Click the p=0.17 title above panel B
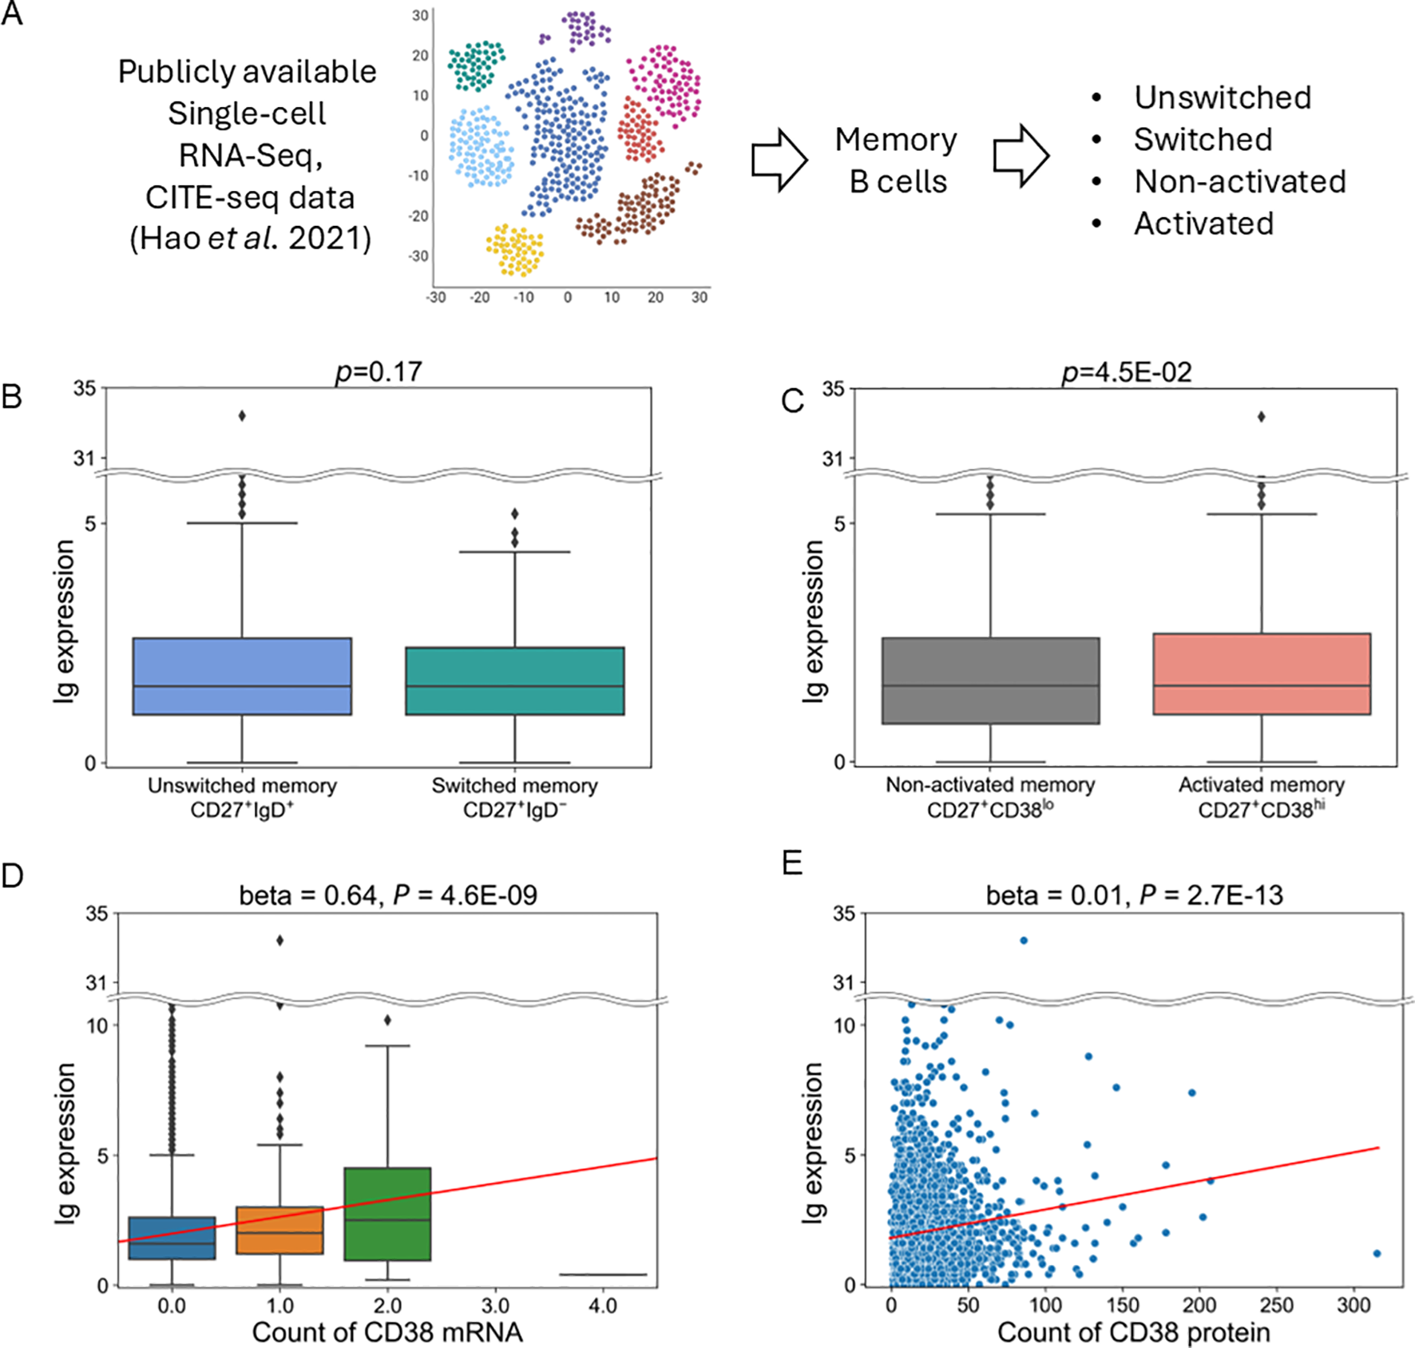pos(379,372)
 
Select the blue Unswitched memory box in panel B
pos(242,676)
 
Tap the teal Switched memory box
pos(514,680)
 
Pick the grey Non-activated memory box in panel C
pos(990,680)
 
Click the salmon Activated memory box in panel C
pos(1262,673)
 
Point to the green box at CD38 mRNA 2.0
pos(387,1214)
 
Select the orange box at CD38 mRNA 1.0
pos(279,1230)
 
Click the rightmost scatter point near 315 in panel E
pos(1377,1253)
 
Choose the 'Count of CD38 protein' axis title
pos(1134,1332)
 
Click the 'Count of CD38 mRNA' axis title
pos(387,1332)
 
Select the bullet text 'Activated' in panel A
pos(1203,224)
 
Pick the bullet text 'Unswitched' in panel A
pos(1223,97)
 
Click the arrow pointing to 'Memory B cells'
pos(779,160)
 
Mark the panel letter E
pos(792,863)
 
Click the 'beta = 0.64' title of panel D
pos(388,895)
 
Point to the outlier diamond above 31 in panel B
pos(242,415)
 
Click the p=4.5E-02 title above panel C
pos(1126,372)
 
